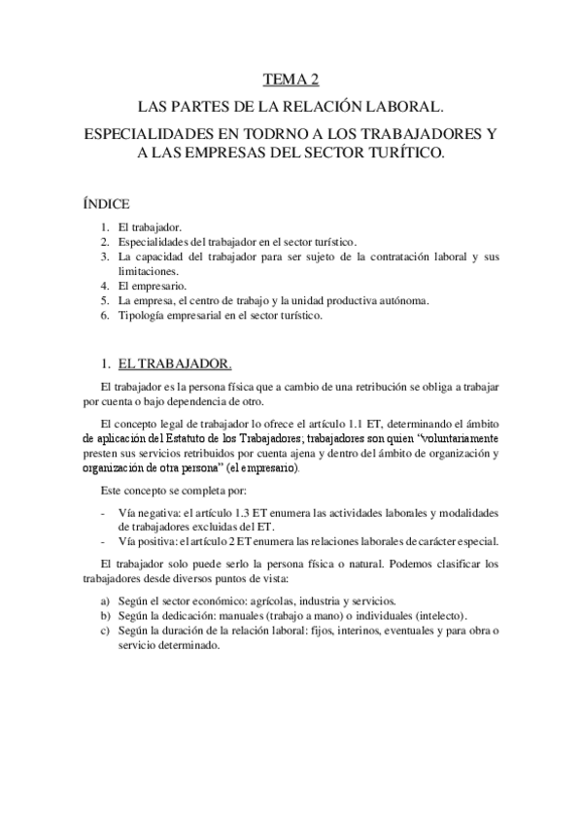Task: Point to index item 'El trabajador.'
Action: click(150, 226)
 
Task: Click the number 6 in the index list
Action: click(104, 316)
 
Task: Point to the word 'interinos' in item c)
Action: click(348, 630)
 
